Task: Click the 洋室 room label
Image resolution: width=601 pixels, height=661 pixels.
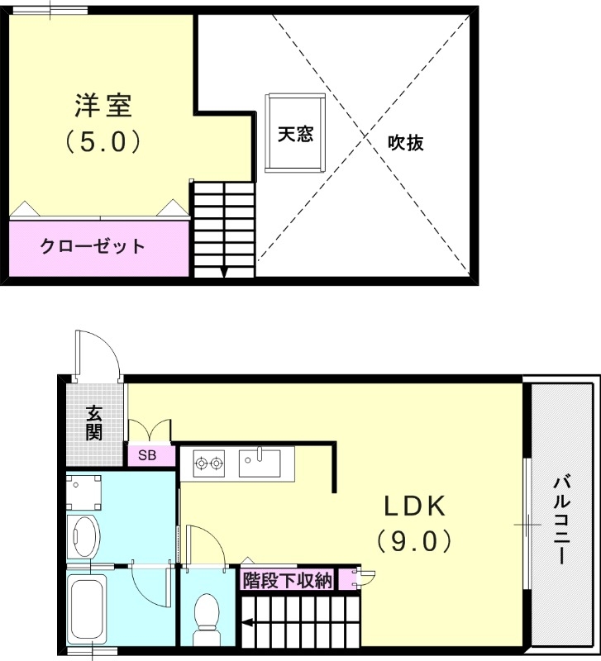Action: point(103,107)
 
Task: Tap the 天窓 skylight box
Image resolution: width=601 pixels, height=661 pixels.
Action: point(295,134)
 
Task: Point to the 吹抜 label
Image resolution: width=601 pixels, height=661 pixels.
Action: point(406,143)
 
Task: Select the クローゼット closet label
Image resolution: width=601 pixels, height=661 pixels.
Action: point(93,245)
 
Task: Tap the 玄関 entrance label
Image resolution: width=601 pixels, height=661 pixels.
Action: point(94,421)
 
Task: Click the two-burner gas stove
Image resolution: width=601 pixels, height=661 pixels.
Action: point(209,464)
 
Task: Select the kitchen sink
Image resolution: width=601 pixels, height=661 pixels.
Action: point(260,463)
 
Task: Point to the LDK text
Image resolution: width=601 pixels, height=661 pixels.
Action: point(413,505)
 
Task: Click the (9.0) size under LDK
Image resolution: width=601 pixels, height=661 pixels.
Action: point(413,541)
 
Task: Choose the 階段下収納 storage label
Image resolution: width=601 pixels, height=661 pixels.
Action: point(287,580)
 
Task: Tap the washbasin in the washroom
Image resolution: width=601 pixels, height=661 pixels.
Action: point(83,536)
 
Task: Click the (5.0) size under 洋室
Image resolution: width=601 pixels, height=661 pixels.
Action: point(103,142)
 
